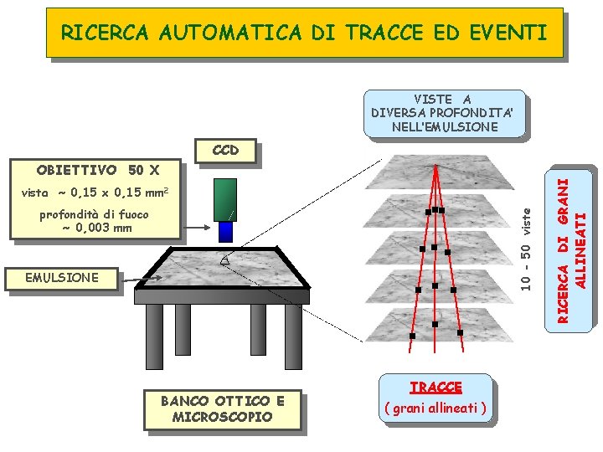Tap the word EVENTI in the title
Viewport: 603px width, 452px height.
[x=511, y=33]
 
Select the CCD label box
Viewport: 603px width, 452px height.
[x=225, y=151]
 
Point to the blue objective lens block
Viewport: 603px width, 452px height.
[x=225, y=231]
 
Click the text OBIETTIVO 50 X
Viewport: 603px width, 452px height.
[x=97, y=171]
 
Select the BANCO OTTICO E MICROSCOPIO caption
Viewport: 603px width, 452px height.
[x=222, y=408]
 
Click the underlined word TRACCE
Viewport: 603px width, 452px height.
[x=435, y=387]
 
